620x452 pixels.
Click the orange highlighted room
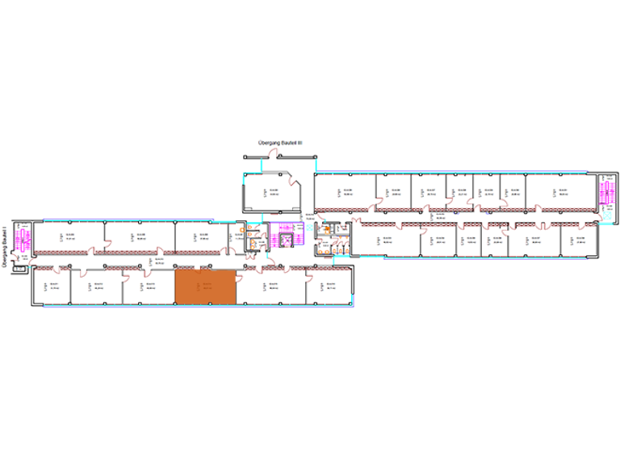tap(206, 287)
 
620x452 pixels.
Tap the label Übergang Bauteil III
tap(279, 142)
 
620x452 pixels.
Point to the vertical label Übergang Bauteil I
tap(6, 245)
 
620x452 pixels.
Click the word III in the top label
tap(299, 142)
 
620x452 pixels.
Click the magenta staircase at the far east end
tap(602, 194)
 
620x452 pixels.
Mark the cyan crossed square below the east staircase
tap(603, 220)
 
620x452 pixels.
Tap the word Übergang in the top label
tap(267, 142)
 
